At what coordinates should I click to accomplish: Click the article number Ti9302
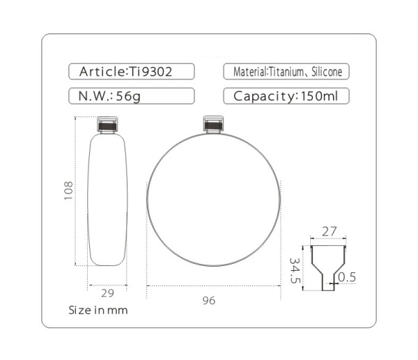[x=150, y=72]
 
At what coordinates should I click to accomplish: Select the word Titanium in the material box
[x=286, y=72]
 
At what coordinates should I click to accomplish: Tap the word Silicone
[x=327, y=72]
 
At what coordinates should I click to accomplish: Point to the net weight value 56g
[x=128, y=96]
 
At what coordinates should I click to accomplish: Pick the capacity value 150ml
[x=319, y=96]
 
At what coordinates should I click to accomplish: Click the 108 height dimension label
[x=68, y=190]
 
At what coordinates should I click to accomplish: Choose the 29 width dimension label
[x=107, y=293]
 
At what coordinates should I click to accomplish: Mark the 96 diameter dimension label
[x=209, y=301]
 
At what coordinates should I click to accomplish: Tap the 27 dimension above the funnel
[x=330, y=232]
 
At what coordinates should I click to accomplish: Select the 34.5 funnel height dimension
[x=295, y=270]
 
